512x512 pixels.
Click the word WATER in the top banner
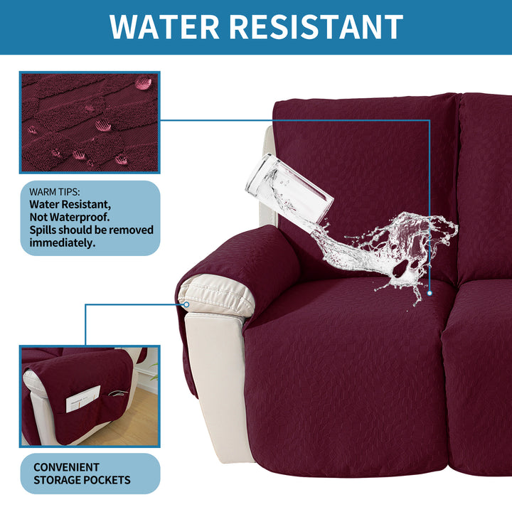click(x=164, y=27)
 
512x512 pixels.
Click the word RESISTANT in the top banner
click(x=316, y=27)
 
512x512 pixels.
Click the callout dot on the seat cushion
click(x=430, y=293)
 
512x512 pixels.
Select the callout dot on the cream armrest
click(x=186, y=304)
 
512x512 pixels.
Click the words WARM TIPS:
click(x=55, y=192)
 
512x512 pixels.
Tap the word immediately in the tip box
click(x=63, y=243)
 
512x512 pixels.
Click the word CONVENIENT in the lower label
click(x=66, y=467)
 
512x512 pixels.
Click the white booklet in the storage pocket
click(x=83, y=399)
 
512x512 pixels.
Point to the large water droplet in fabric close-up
click(x=143, y=82)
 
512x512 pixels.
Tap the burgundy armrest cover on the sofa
click(x=242, y=261)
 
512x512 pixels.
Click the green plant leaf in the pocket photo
click(x=154, y=372)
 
